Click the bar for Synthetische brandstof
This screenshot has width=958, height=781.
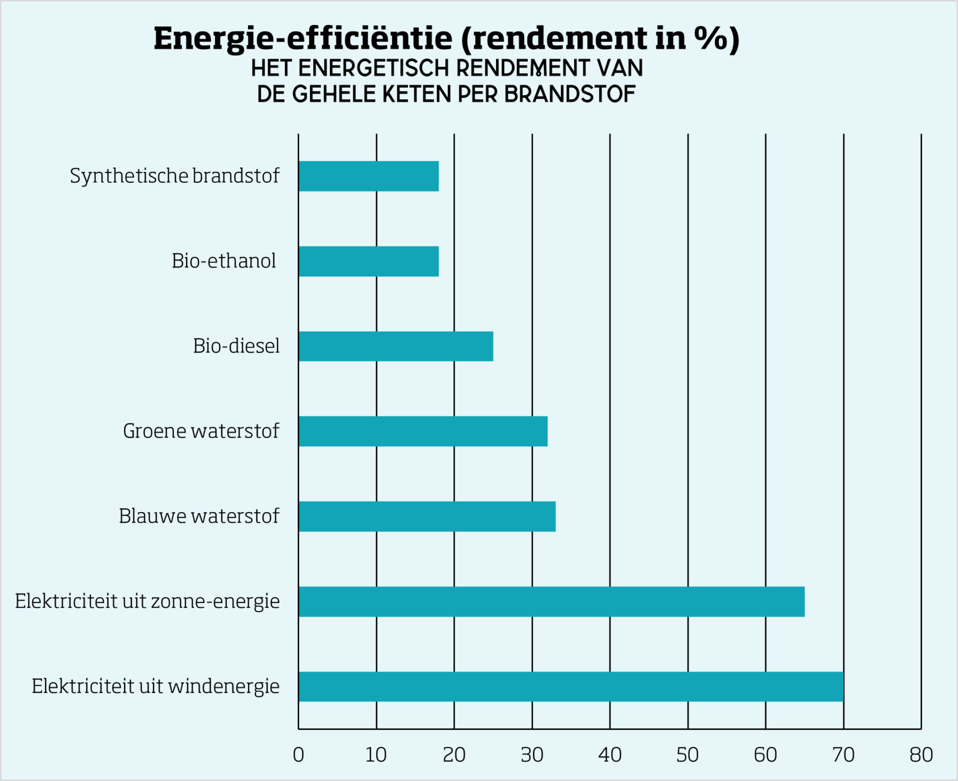click(368, 176)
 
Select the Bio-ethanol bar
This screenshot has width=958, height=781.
click(368, 261)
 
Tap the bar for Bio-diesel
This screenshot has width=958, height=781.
click(396, 346)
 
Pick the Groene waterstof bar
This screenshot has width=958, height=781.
click(423, 431)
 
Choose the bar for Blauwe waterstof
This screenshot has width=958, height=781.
click(427, 516)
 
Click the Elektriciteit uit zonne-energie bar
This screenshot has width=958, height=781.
click(551, 601)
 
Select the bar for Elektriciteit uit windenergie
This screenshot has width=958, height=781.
click(571, 686)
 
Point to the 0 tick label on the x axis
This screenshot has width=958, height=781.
click(298, 754)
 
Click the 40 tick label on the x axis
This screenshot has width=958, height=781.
click(609, 754)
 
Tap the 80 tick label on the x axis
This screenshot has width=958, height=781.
click(921, 754)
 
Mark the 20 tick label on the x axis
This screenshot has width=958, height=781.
click(454, 754)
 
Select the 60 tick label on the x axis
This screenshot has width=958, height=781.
click(765, 754)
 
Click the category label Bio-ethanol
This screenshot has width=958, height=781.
click(223, 261)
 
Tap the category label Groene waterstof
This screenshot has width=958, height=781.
click(200, 431)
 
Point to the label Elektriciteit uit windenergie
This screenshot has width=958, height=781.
click(155, 686)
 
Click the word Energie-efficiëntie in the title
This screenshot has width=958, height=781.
click(303, 38)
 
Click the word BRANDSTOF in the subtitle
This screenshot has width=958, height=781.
click(569, 94)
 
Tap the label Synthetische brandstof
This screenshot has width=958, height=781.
click(174, 176)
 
